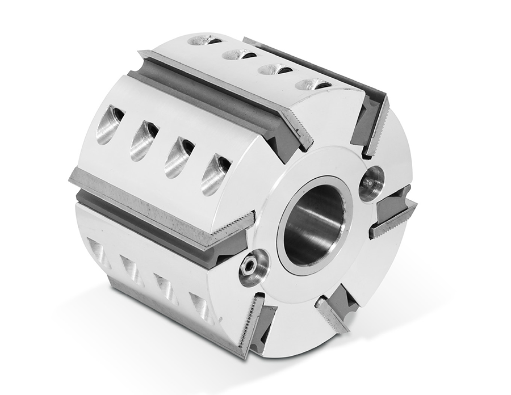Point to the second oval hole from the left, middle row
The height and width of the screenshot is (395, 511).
point(144,140)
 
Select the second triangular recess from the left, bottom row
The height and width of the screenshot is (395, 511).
point(131,265)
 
